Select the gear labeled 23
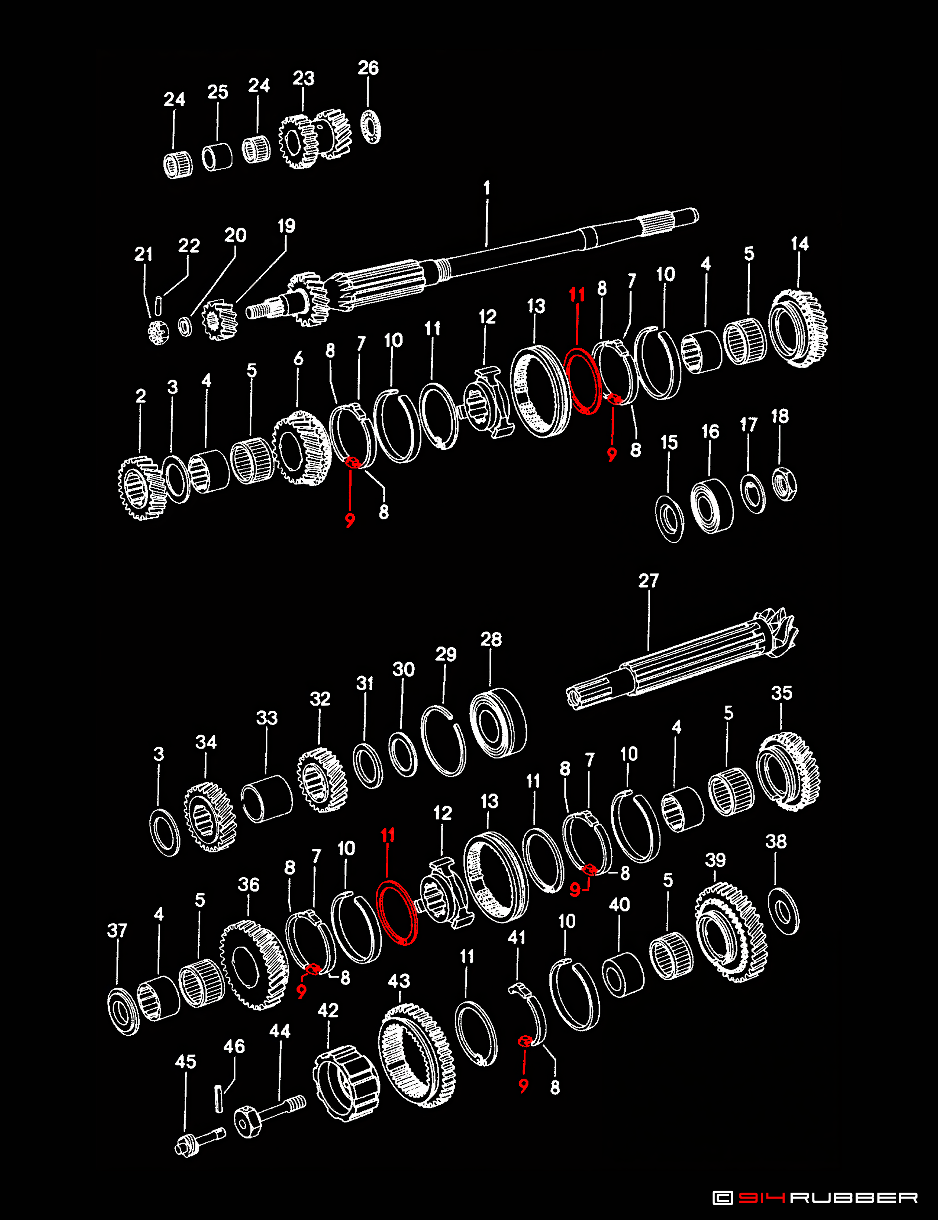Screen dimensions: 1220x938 (315, 141)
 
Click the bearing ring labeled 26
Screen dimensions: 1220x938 (371, 127)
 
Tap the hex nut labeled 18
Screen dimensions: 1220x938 (785, 484)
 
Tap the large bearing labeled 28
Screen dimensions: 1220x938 (498, 723)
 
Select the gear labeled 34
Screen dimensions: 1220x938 (210, 817)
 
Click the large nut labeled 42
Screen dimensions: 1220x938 (346, 1084)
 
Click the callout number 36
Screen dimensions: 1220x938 (248, 885)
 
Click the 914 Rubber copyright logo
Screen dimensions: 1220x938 (815, 1197)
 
